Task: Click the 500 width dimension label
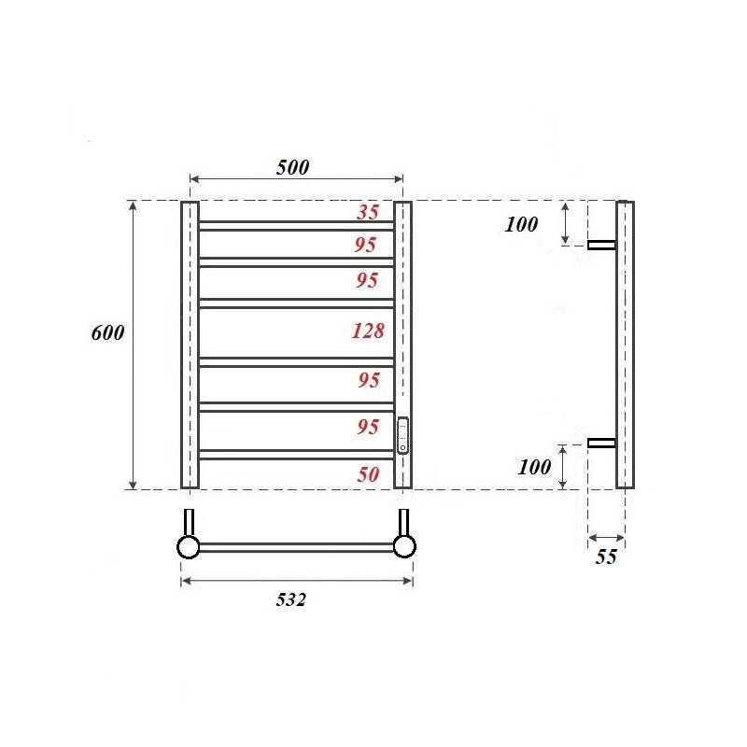tap(292, 168)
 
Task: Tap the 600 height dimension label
tap(108, 334)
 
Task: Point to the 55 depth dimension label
tap(606, 557)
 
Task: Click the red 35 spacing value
tap(368, 213)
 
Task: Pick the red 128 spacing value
tap(368, 331)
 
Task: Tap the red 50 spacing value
tap(368, 474)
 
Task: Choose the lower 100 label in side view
tap(534, 468)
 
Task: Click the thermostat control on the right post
tap(402, 435)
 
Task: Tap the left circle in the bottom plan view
tap(189, 547)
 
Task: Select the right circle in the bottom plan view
tap(404, 547)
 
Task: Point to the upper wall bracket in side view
tap(602, 246)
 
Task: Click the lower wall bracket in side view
tap(602, 443)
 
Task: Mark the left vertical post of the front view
tap(190, 345)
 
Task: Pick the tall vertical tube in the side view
tap(625, 345)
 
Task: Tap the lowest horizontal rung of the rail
tap(296, 455)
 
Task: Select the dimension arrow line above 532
tap(296, 581)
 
